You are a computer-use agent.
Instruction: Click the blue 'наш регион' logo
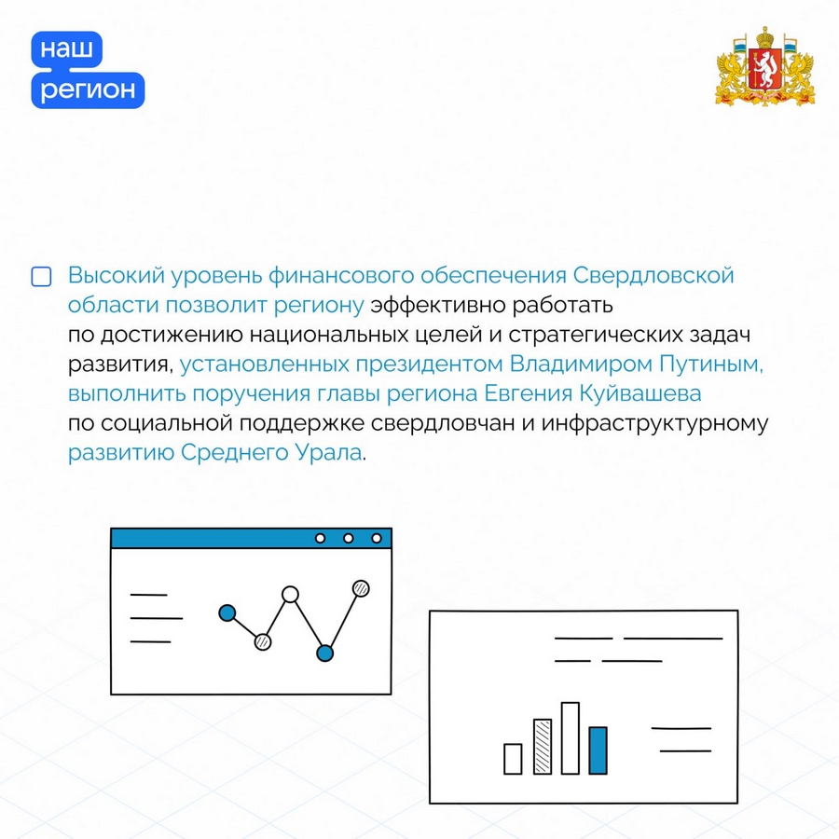click(x=88, y=70)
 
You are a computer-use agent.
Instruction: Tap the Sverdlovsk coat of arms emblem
click(x=765, y=66)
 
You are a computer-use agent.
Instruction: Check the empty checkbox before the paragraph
click(x=41, y=277)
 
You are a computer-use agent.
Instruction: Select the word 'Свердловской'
click(x=653, y=276)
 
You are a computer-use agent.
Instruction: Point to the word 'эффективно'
click(x=438, y=305)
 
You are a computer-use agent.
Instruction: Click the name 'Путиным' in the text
click(x=711, y=364)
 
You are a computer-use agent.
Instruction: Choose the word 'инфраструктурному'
click(x=654, y=423)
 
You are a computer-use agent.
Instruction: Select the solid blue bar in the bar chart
click(x=598, y=750)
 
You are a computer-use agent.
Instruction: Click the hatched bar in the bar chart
click(x=543, y=747)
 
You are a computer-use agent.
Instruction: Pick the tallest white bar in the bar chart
click(x=571, y=738)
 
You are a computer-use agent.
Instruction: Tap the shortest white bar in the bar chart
click(x=513, y=759)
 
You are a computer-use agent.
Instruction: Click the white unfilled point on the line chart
click(x=290, y=595)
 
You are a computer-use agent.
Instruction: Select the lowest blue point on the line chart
click(x=324, y=653)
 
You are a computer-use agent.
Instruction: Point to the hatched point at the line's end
click(x=361, y=588)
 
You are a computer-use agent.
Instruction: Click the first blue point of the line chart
click(x=227, y=612)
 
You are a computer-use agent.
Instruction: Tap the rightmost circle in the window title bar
click(x=377, y=538)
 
